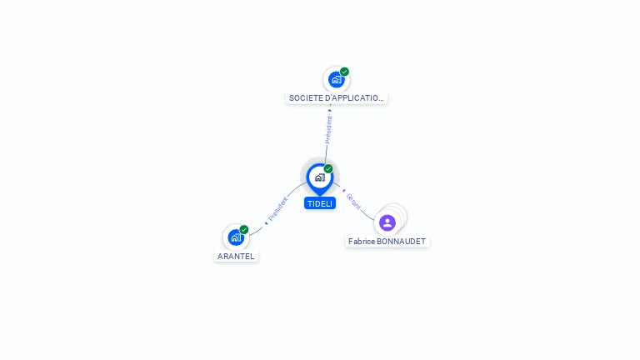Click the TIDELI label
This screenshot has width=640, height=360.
click(320, 203)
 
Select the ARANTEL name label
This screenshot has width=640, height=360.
click(236, 257)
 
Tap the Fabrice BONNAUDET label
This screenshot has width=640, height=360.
click(387, 241)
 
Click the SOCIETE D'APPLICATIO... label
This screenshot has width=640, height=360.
click(337, 98)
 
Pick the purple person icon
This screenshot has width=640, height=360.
click(387, 222)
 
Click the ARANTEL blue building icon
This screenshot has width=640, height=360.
click(236, 237)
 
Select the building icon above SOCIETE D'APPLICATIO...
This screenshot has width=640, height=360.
click(337, 80)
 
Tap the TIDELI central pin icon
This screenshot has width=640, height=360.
click(320, 179)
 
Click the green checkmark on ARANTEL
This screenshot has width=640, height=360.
click(244, 229)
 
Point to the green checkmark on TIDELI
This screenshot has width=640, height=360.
click(328, 168)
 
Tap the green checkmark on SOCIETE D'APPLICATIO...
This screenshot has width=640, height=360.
click(344, 72)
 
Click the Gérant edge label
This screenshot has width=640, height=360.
click(353, 202)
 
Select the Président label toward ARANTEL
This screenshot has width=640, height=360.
click(278, 209)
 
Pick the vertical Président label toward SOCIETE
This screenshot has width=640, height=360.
click(328, 129)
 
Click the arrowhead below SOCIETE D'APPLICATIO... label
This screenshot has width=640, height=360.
click(330, 110)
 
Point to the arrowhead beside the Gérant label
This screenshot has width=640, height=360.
click(344, 191)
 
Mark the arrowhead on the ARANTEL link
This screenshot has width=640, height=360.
click(266, 222)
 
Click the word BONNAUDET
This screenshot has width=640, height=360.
click(401, 241)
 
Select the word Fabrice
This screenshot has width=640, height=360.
click(362, 241)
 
